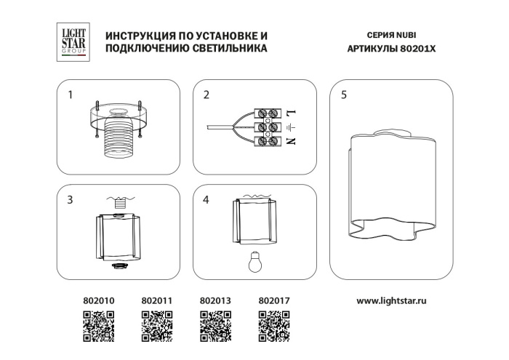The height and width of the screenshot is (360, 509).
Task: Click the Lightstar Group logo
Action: point(73,41)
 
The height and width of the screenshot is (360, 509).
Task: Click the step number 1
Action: point(71,95)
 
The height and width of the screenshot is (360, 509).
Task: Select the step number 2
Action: point(207,95)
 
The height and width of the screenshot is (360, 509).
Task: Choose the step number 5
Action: point(343,95)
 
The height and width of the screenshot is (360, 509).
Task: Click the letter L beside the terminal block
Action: point(292,114)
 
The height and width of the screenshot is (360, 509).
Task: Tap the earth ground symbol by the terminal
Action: point(292,127)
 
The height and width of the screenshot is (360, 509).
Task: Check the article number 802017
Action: point(274,299)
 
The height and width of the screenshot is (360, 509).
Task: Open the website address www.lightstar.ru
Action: point(392,299)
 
